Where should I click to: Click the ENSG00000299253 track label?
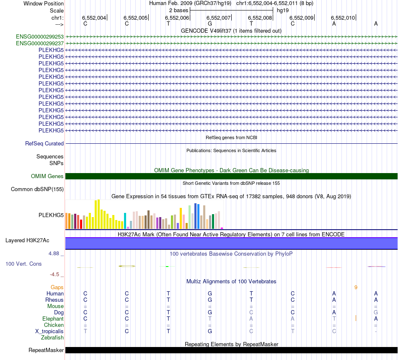(x=40, y=36)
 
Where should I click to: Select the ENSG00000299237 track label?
(x=40, y=43)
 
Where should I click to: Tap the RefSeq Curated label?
(x=44, y=143)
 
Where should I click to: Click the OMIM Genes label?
(x=47, y=176)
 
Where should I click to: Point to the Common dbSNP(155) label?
(x=37, y=189)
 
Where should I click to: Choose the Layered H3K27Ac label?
(x=27, y=241)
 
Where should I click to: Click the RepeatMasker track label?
(x=46, y=350)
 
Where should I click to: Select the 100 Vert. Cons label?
(x=23, y=264)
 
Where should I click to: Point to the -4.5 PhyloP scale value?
(x=54, y=275)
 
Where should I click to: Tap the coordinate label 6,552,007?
(x=219, y=18)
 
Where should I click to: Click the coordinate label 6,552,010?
(x=343, y=18)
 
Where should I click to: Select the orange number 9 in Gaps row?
(x=356, y=287)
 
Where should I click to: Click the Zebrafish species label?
(x=52, y=338)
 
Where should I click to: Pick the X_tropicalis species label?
(x=49, y=332)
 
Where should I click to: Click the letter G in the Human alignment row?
(x=210, y=294)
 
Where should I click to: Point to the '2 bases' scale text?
(x=179, y=10)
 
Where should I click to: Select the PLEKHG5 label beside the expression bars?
(x=51, y=215)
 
